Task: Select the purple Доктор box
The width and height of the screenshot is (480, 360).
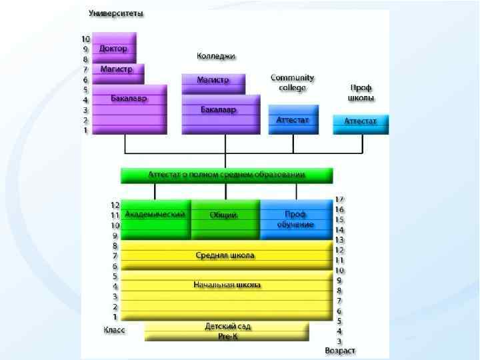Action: point(114,48)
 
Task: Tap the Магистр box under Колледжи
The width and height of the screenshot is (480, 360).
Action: point(213,80)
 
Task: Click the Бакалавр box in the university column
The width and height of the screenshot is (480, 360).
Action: point(129,99)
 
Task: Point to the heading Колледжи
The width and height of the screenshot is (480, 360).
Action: point(216,56)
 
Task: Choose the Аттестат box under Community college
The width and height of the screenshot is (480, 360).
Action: point(293,120)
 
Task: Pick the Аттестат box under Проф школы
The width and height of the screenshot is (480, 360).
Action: point(360,121)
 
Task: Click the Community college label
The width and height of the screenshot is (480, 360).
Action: point(292,83)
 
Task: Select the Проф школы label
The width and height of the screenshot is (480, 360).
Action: point(361,93)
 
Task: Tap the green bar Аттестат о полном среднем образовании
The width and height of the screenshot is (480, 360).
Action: point(226,175)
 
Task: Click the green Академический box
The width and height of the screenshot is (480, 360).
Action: point(155,215)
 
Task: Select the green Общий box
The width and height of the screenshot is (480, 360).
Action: point(225,215)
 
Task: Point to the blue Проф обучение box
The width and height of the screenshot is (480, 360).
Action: point(295,219)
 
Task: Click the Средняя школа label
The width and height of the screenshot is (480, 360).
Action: point(225,255)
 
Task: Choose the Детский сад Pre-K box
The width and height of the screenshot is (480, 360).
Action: point(226,331)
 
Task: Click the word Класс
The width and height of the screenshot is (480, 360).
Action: point(114,329)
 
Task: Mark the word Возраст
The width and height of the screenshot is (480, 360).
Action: point(340,350)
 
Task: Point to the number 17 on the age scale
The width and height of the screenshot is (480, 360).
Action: point(339,199)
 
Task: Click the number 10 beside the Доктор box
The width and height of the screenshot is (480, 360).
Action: point(85,39)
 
